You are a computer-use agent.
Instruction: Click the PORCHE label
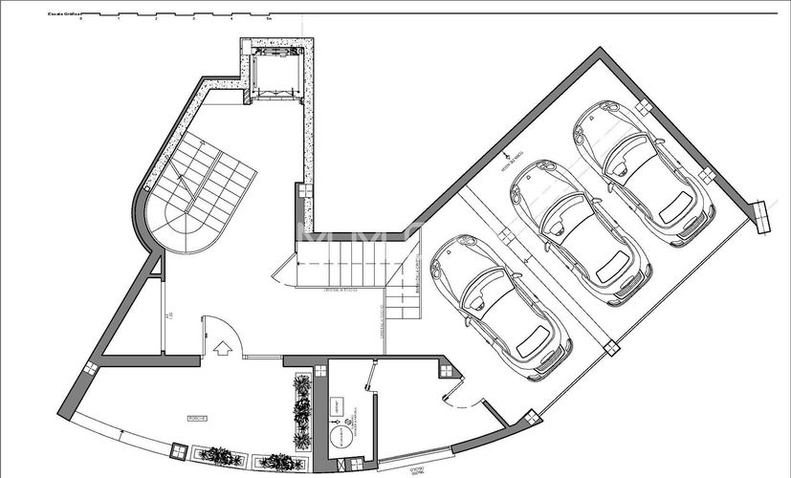click(198, 419)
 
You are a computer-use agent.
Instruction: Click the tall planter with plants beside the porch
click(301, 411)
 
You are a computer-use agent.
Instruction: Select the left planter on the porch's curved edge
click(219, 456)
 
